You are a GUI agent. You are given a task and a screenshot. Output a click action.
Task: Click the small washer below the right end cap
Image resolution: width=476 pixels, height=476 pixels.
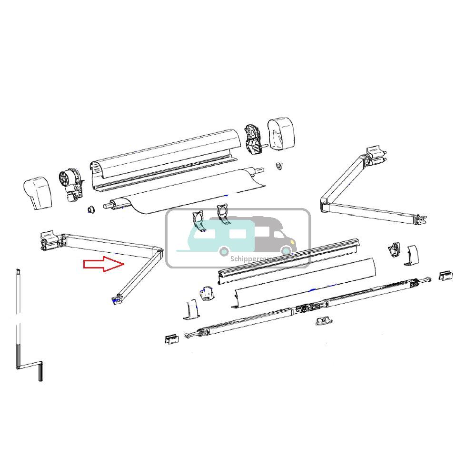click(x=278, y=166)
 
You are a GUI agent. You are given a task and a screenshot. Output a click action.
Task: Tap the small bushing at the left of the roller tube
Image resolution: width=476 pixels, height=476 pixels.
click(x=89, y=209)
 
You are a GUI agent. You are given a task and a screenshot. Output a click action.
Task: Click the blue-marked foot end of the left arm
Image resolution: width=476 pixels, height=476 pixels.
click(x=116, y=299)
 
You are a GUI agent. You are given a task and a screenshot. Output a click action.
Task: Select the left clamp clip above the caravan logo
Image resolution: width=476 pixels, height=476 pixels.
click(x=199, y=220)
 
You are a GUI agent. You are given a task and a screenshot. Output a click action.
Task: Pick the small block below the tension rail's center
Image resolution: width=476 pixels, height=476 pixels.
click(x=324, y=322)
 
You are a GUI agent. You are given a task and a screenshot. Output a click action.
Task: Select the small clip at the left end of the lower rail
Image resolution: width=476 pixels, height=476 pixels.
click(x=171, y=338)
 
